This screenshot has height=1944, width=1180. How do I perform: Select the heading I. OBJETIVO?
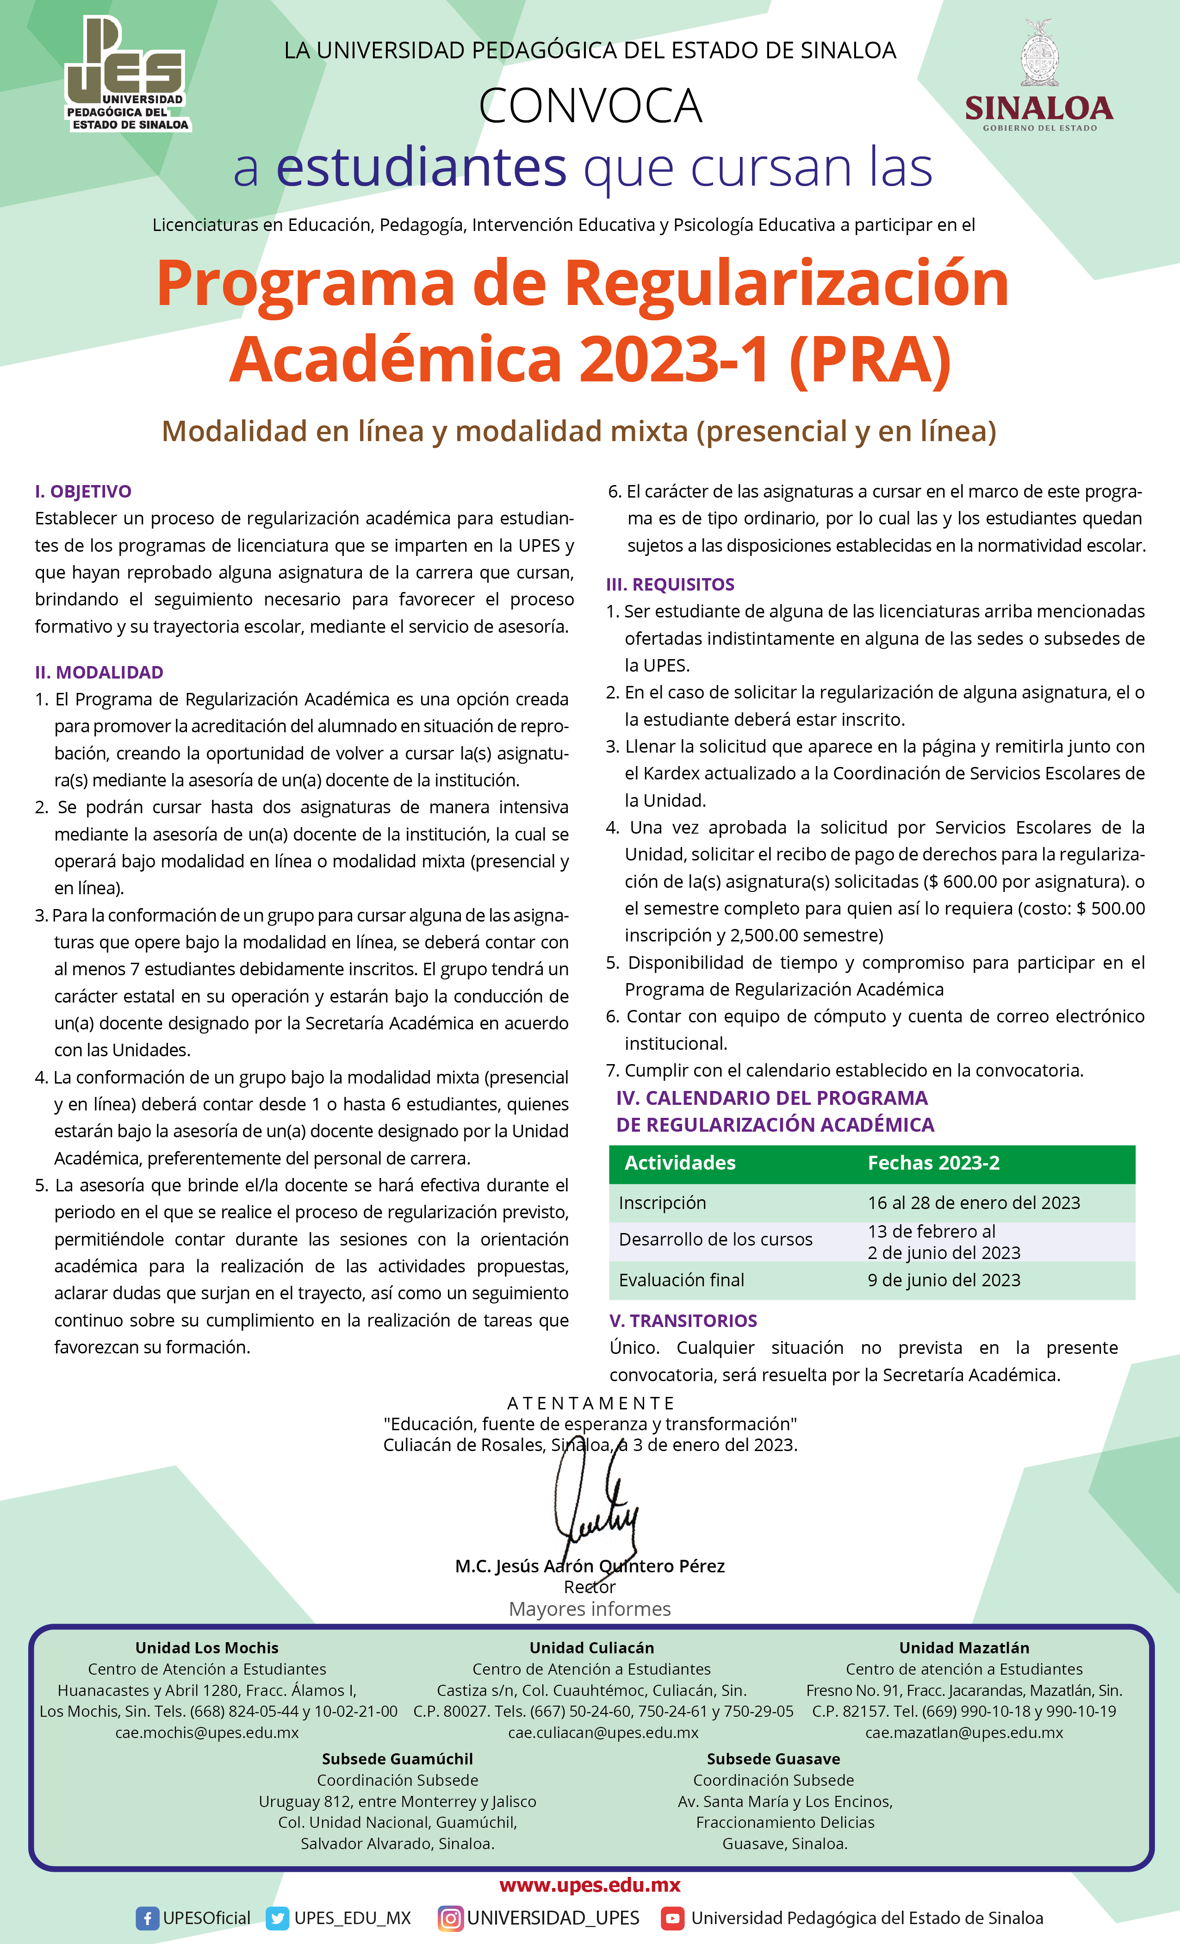coord(83,492)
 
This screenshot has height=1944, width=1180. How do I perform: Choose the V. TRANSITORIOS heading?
coord(683,1321)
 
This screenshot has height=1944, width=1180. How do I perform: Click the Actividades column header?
coord(680,1163)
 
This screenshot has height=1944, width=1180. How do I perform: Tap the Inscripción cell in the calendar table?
coord(663,1203)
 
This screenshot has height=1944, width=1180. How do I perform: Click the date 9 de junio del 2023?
coord(944,1280)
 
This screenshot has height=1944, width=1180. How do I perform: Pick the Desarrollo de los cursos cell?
coord(715,1240)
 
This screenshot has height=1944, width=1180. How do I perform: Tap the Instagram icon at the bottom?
coord(450,1918)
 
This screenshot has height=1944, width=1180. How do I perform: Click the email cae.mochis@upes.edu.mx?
coord(207,1732)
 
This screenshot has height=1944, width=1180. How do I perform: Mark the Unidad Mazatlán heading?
coord(964,1647)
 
